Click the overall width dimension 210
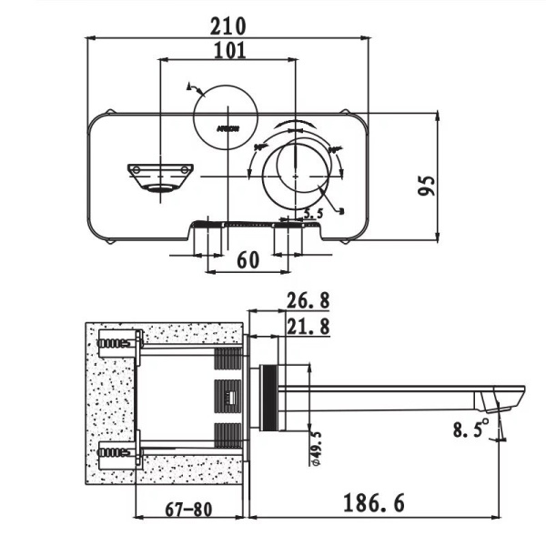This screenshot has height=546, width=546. click(230, 21)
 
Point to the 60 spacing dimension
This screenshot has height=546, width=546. click(248, 259)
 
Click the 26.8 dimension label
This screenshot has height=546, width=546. click(307, 301)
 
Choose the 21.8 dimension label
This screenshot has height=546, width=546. click(307, 325)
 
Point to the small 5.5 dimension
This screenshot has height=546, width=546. click(312, 214)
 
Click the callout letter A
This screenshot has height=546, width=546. click(189, 87)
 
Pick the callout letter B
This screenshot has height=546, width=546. click(339, 211)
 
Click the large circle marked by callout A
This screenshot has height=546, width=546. click(223, 114)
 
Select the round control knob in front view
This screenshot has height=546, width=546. click(295, 173)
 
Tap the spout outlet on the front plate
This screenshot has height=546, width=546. click(160, 175)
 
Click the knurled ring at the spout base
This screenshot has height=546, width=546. click(268, 398)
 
